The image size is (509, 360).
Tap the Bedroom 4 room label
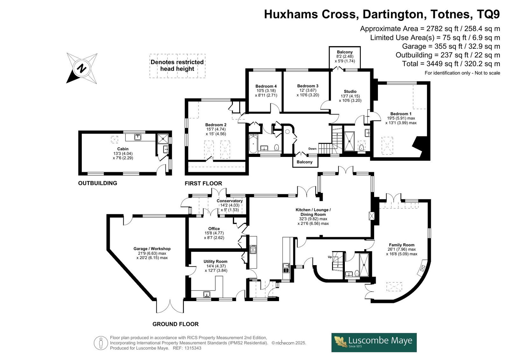coord(266,86)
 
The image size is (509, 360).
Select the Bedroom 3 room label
coord(308,86)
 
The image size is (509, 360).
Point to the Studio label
coord(350,91)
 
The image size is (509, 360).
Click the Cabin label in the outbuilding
coord(123,149)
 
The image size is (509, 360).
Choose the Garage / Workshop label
coord(152,249)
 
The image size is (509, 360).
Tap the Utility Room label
coord(215,262)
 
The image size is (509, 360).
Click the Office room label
coord(214,229)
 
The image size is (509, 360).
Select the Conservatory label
coord(229,201)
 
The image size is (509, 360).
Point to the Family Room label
coord(401,245)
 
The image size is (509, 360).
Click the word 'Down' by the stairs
coord(312,149)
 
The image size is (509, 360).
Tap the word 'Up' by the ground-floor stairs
coord(330,257)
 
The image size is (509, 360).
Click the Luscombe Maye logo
coord(374,343)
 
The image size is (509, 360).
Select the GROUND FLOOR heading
coord(175,324)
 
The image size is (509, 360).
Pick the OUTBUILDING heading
coord(98,183)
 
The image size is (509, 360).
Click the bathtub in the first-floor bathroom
coord(253,144)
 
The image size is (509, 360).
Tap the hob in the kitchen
coord(253,249)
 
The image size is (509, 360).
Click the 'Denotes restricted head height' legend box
coord(178,66)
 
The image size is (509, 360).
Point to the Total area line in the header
coord(451,64)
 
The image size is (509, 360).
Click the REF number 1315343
coord(193,348)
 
